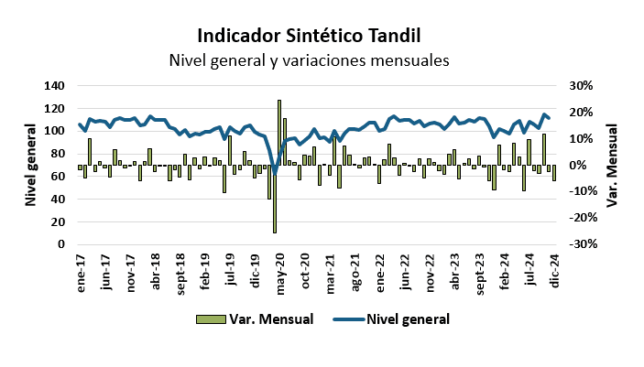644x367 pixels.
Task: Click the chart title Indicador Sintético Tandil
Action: pyautogui.click(x=309, y=38)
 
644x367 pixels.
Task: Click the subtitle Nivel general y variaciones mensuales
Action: pyautogui.click(x=309, y=61)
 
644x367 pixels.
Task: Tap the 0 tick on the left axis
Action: pyautogui.click(x=61, y=244)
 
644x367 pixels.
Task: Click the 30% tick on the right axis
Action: pyautogui.click(x=583, y=85)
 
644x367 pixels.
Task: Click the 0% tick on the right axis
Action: pyautogui.click(x=579, y=166)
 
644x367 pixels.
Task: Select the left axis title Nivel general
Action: pyautogui.click(x=30, y=165)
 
